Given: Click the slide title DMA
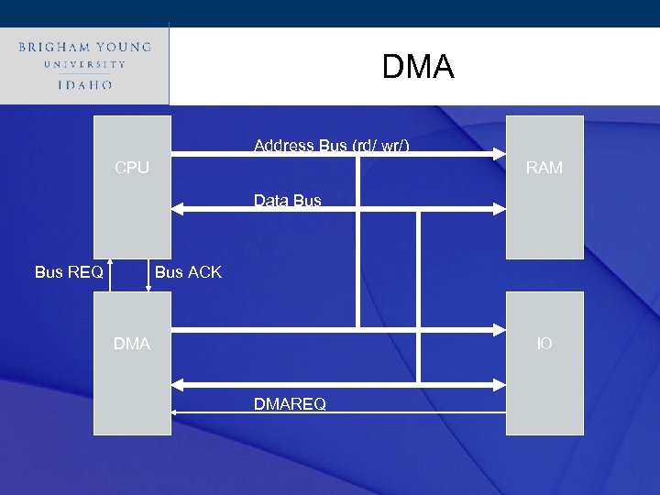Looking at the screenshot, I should click(417, 67).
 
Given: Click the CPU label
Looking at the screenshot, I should click(132, 168).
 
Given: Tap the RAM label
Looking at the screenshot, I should click(544, 168).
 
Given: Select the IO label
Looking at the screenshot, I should click(544, 344).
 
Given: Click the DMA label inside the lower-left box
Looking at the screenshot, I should click(132, 344).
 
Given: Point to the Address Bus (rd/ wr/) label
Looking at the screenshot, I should click(331, 145).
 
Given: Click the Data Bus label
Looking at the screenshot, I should click(287, 201).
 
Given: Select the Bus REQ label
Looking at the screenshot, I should click(69, 271).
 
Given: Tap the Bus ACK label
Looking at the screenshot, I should click(188, 271).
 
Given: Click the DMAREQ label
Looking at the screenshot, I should click(290, 404).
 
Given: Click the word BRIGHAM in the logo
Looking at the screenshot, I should click(54, 47).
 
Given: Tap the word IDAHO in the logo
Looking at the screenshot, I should click(84, 84).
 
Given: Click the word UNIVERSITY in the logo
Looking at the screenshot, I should click(84, 65).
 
